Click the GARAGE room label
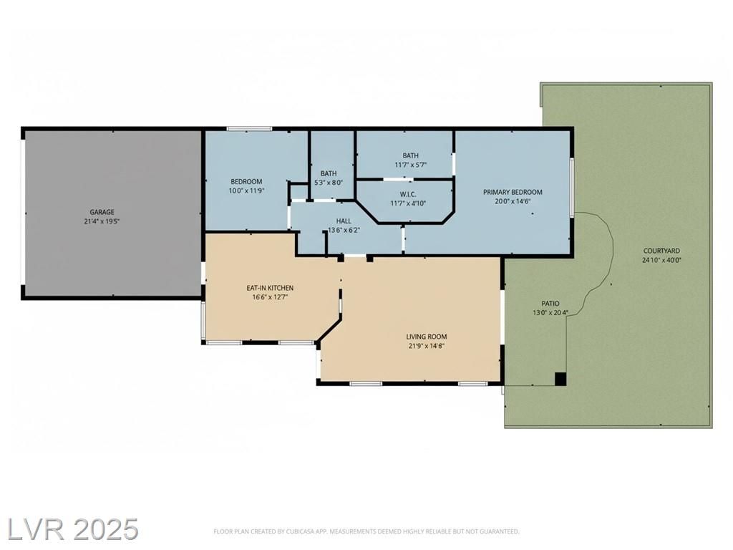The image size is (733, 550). [x=102, y=212]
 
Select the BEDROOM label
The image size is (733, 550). [x=246, y=181]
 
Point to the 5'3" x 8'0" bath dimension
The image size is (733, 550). [x=329, y=183]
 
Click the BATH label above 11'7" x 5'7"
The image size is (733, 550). [x=410, y=155]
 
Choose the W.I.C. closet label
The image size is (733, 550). [x=408, y=194]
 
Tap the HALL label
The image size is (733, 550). [x=344, y=221]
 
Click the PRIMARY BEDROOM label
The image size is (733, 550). [x=513, y=192]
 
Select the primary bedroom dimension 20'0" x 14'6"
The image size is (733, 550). [x=513, y=201]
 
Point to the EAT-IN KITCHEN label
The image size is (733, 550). [x=270, y=288]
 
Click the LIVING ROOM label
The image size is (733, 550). [x=427, y=337]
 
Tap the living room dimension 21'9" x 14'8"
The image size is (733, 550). [x=427, y=346]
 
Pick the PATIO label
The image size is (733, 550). [x=550, y=304]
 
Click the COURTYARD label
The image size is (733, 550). [x=661, y=251]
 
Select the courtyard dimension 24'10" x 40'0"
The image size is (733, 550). [x=661, y=261]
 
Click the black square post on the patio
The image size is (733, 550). [x=560, y=378]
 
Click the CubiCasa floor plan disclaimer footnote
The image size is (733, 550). [x=366, y=531]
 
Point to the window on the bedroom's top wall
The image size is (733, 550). [x=249, y=129]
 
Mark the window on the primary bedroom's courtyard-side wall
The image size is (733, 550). [x=571, y=187]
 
